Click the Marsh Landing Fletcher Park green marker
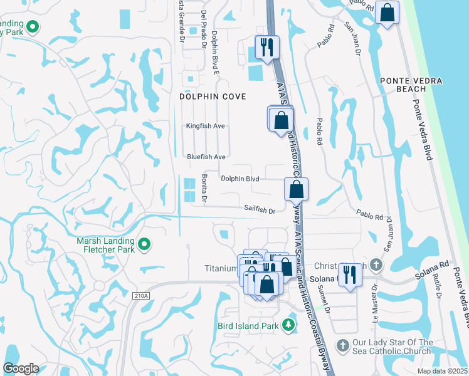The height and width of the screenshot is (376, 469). coord(145,244)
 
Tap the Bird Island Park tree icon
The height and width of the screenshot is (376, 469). coord(288,325)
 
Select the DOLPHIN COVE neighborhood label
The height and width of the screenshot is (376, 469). coord(213,97)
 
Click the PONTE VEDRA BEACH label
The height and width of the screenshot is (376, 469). coord(411,85)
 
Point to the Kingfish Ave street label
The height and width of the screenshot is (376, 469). coord(205,126)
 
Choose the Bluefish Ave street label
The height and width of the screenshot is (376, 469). coord(206,157)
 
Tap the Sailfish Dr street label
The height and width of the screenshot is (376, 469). coord(260,211)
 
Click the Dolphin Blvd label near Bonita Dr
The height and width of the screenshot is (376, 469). coord(240,179)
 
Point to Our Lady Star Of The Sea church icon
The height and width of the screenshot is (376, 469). coord(342,346)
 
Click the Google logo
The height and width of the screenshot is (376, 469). coord(21,368)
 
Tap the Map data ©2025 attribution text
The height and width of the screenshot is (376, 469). coord(442,371)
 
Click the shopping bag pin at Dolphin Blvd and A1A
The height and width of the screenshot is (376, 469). coord(296,188)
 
